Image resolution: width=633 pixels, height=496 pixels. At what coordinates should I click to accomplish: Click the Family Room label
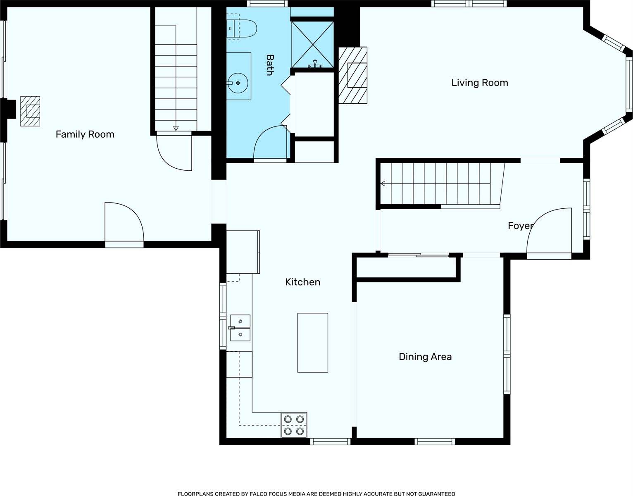[x=85, y=134]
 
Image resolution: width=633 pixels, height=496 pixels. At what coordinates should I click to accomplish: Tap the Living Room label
[x=479, y=83]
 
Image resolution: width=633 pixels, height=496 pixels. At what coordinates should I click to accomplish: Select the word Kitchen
[x=303, y=282]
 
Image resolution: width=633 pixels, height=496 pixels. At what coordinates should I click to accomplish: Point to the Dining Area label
[x=425, y=357]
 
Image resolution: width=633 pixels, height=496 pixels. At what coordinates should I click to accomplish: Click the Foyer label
[x=521, y=226]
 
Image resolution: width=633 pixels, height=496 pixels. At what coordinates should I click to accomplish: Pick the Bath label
[x=270, y=65]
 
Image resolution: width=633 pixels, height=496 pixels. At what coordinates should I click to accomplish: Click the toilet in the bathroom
[x=241, y=29]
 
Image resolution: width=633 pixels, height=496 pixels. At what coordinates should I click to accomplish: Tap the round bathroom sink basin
[x=238, y=83]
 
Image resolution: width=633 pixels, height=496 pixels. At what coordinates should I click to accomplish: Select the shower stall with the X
[x=312, y=44]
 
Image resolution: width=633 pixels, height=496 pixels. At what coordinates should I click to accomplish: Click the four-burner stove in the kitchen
[x=294, y=425]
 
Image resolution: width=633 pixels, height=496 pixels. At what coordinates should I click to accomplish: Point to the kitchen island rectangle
[x=312, y=343]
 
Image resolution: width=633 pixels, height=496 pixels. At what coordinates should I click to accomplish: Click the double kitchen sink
[x=240, y=328]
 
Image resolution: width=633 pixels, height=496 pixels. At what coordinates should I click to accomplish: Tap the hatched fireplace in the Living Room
[x=353, y=75]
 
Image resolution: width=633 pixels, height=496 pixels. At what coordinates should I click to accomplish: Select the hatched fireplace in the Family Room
[x=30, y=111]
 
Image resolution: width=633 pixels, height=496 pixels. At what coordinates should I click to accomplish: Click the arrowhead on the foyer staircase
[x=383, y=184]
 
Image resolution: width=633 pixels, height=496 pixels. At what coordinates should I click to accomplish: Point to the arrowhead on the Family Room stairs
[x=176, y=128]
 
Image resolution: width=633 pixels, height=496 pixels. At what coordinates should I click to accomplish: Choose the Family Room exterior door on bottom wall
[x=124, y=244]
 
